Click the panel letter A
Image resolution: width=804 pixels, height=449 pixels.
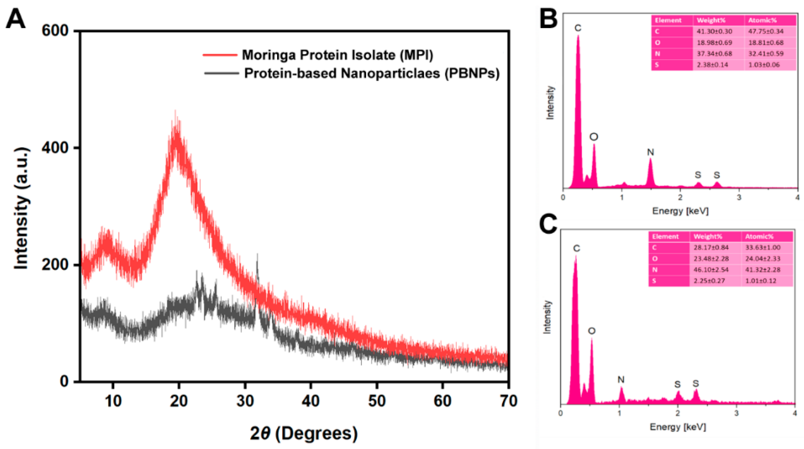(x=16, y=19)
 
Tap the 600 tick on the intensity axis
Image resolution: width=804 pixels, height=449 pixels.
(x=55, y=31)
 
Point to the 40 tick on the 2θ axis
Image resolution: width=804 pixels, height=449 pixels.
(x=311, y=401)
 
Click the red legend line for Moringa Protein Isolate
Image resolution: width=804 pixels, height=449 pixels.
(x=220, y=55)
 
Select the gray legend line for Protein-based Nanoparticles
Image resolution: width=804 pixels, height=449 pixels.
(x=221, y=73)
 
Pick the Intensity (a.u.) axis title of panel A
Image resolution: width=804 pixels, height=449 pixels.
(x=21, y=208)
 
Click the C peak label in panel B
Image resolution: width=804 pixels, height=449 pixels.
(x=578, y=28)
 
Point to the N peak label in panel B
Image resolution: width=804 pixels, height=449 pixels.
(x=650, y=152)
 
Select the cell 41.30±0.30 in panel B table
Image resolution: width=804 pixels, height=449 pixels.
(x=714, y=31)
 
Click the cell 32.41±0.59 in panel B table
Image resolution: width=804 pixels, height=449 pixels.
(x=766, y=54)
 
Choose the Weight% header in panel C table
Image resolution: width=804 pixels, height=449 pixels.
(x=708, y=237)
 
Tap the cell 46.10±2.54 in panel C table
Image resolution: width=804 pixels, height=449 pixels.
(x=711, y=270)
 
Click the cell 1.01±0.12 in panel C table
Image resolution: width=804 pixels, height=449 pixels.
(x=762, y=281)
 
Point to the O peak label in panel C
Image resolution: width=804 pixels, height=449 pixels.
(x=592, y=331)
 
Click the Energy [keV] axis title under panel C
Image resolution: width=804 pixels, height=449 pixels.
(x=678, y=427)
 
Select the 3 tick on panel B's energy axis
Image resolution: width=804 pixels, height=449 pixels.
(x=739, y=198)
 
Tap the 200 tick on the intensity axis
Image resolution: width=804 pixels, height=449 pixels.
(x=55, y=264)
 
